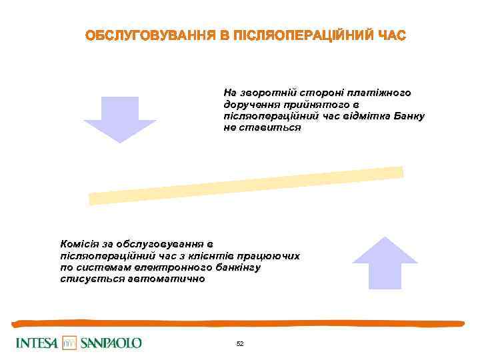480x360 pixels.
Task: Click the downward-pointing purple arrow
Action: click(120, 119)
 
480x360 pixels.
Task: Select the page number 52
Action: click(240, 344)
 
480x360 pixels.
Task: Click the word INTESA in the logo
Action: click(37, 343)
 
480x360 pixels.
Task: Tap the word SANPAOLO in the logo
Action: click(111, 343)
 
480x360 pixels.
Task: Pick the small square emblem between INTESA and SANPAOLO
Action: click(70, 343)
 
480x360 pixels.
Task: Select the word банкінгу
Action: click(236, 267)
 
